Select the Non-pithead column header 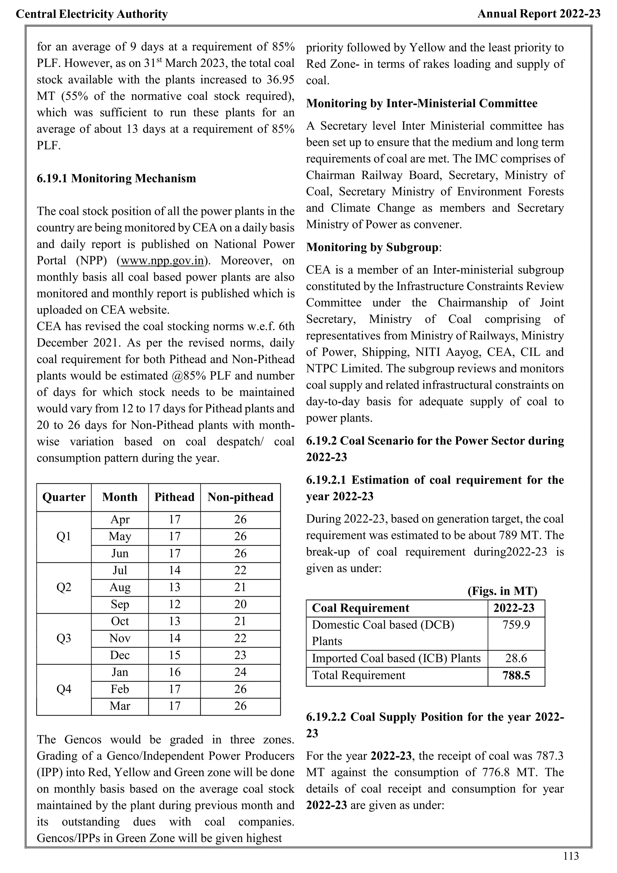point(240,497)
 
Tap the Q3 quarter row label point(64,638)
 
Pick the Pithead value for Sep point(174,604)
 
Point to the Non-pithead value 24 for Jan point(240,672)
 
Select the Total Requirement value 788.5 point(516,676)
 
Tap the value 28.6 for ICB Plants point(516,659)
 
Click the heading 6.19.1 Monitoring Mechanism point(116,178)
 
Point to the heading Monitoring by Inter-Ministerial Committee point(422,103)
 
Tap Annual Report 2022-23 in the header point(539,14)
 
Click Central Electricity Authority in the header point(92,14)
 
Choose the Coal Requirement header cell point(361,608)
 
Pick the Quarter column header point(64,497)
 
